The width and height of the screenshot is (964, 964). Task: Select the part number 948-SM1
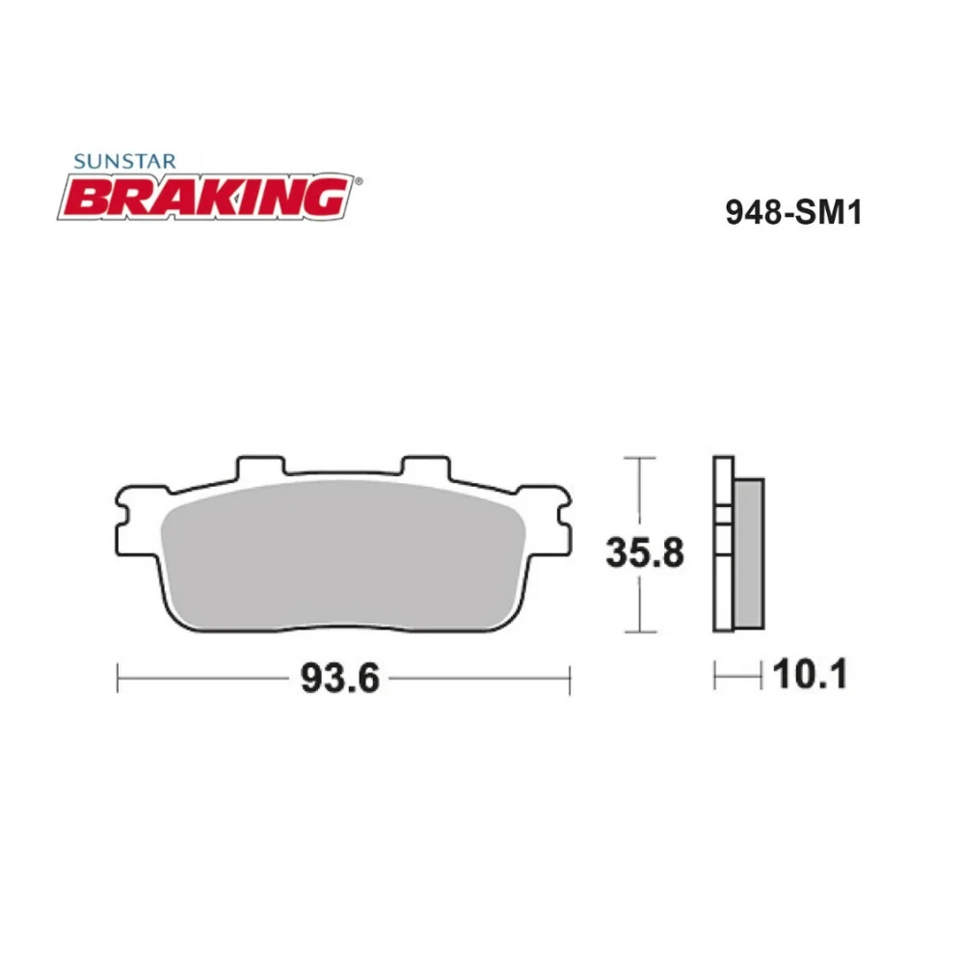[x=792, y=211]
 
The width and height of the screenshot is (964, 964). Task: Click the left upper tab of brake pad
[x=259, y=467]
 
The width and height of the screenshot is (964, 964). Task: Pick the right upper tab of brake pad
[x=424, y=467]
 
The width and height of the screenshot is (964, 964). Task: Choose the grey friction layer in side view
[x=749, y=554]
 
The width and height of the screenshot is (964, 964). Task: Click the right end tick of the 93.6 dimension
[x=570, y=677]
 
